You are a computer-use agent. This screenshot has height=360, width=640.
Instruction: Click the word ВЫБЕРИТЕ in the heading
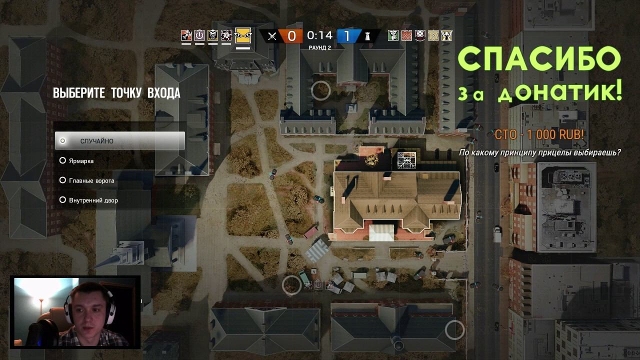click(x=79, y=93)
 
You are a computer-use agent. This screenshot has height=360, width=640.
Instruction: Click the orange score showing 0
click(x=291, y=36)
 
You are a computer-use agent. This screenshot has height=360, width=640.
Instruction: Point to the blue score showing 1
click(x=347, y=36)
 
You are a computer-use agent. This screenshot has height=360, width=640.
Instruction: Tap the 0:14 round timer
click(x=319, y=35)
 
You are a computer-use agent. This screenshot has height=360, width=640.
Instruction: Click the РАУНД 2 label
click(x=319, y=48)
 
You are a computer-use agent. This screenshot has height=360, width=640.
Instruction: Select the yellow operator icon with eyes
click(x=243, y=35)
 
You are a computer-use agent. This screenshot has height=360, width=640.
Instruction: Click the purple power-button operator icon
click(x=199, y=35)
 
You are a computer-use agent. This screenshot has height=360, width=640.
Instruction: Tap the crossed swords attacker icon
click(x=272, y=36)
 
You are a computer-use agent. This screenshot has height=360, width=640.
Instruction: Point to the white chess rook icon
click(x=367, y=36)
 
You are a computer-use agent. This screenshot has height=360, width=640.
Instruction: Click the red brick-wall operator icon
click(x=406, y=35)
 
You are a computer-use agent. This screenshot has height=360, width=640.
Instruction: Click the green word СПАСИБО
click(x=539, y=59)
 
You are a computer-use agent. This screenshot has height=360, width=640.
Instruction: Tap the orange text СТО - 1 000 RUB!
click(x=539, y=134)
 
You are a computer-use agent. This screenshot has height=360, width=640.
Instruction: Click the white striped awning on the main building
click(x=381, y=232)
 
